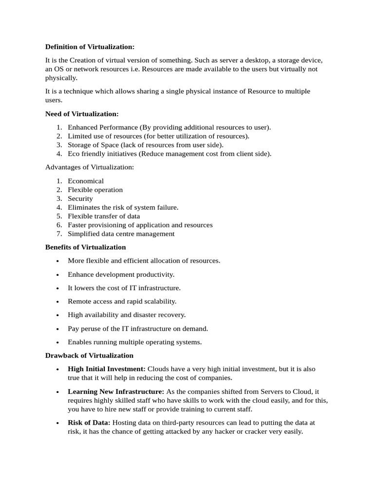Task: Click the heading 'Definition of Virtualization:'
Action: pos(90,47)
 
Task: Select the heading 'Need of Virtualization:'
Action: pos(82,114)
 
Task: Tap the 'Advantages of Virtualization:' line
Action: pos(90,167)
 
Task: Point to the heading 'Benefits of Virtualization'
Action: pos(85,247)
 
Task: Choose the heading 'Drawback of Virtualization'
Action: pos(89,356)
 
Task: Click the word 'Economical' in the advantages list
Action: pos(86,181)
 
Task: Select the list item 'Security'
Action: pos(80,198)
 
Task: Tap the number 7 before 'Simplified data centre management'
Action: pos(58,233)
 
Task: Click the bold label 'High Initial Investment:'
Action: pos(107,369)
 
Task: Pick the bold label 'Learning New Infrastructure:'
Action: pos(116,391)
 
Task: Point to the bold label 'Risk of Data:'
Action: pos(89,423)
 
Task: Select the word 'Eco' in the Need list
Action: pos(74,154)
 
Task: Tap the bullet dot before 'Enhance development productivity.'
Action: pos(57,275)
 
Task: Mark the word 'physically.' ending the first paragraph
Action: pos(61,78)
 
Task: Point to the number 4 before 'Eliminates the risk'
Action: pos(58,207)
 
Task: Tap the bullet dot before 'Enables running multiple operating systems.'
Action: pos(57,342)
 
